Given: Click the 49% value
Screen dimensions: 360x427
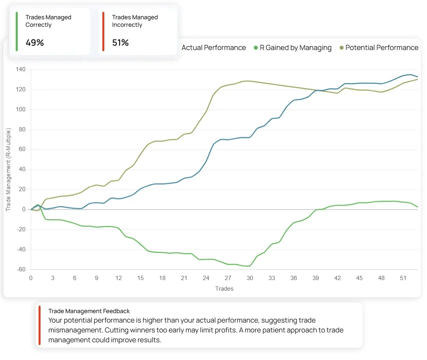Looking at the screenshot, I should tap(35, 43).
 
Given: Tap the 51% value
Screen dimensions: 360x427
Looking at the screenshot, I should tap(120, 43).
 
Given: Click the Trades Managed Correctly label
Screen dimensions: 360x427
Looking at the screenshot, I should tap(48, 21).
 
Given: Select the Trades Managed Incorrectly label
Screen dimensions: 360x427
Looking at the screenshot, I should tap(135, 21).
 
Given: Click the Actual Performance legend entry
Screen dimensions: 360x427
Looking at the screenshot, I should tap(213, 48).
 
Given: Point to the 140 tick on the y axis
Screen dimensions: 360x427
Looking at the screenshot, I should tap(21, 70).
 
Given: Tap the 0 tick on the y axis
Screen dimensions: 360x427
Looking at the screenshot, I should tap(24, 210).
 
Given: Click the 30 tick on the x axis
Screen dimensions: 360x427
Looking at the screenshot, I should tap(250, 278).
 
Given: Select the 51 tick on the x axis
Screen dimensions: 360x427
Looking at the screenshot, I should tap(403, 278).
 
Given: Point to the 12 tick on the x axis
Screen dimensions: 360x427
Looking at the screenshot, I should tap(118, 278).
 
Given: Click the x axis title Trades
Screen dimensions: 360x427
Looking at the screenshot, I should tap(224, 289).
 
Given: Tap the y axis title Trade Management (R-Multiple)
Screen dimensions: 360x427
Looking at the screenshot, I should tap(8, 169).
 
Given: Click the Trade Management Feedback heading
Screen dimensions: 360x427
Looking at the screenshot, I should tap(89, 311).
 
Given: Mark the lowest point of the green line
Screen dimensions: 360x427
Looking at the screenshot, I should tap(248, 266).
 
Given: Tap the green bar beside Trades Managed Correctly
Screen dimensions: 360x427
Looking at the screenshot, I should tap(17, 32).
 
